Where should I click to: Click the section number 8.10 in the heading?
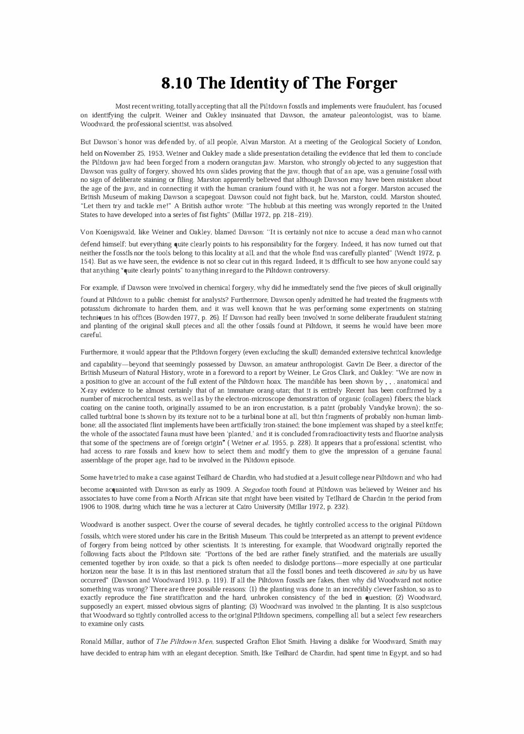177,83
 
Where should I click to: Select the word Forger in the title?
370,83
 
